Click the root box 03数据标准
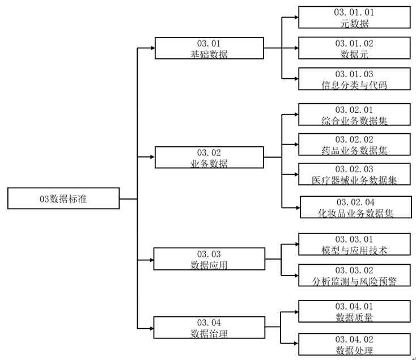pos(63,198)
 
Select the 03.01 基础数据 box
pos(209,48)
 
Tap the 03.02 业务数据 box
pos(209,158)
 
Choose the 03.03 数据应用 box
pos(209,259)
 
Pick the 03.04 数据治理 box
pos(209,328)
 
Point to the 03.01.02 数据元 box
pos(354,48)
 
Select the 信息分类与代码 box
pos(354,79)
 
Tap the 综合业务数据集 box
pos(354,115)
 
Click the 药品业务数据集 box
pos(354,145)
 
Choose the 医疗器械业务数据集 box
pos(354,175)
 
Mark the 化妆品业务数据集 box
pos(355,207)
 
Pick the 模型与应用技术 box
pos(354,244)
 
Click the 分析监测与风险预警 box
pos(354,275)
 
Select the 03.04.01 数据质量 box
pos(354,312)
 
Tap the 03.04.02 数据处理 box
pos(354,344)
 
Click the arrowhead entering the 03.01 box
pos(151,48)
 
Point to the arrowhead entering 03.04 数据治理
pos(150,328)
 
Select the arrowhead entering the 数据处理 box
pos(295,344)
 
